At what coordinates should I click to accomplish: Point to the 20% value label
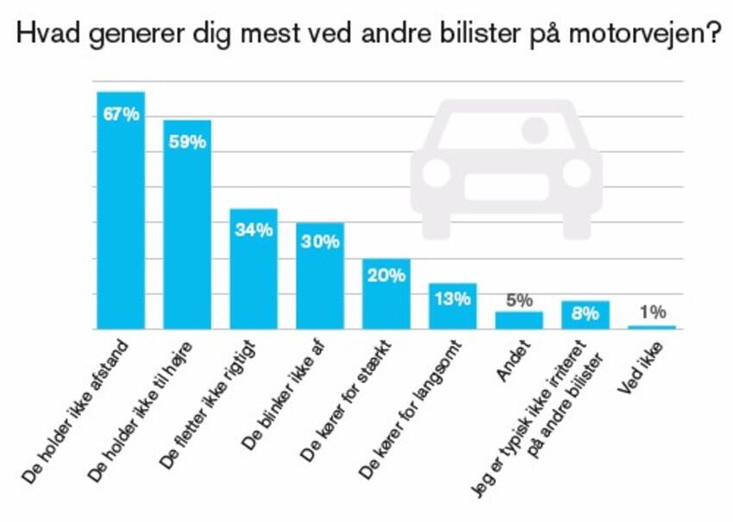click(385, 276)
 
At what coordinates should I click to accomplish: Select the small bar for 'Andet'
click(518, 320)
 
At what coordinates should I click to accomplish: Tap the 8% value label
click(585, 314)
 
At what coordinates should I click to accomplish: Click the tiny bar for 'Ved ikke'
click(651, 327)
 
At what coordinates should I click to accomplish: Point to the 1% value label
click(651, 312)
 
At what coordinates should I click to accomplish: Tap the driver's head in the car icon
click(536, 131)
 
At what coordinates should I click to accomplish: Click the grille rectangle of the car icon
click(506, 187)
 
